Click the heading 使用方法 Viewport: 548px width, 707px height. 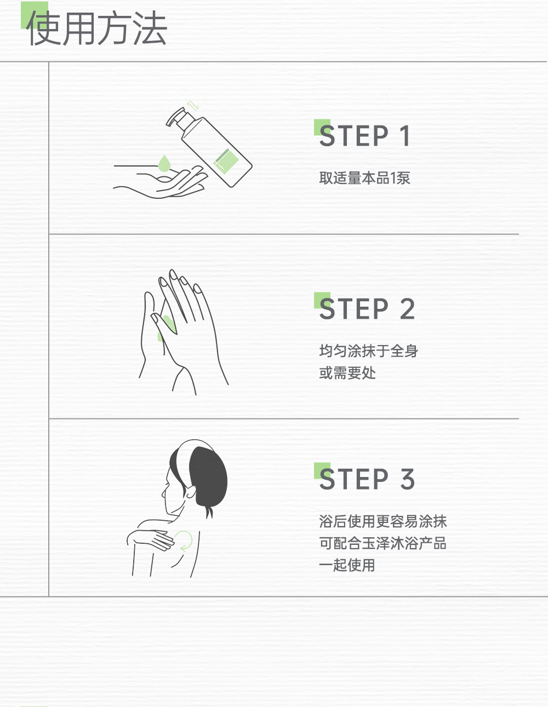[x=96, y=28]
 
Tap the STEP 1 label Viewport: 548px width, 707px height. [x=364, y=136]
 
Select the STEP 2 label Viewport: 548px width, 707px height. [x=367, y=308]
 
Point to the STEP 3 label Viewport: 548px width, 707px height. [x=367, y=479]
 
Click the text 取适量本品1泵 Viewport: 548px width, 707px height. [x=364, y=178]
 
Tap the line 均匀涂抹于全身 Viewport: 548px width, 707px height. [x=368, y=350]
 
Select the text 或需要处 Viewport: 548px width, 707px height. [x=347, y=373]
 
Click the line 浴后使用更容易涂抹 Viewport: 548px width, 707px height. [x=383, y=521]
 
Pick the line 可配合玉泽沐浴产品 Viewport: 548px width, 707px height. [x=383, y=543]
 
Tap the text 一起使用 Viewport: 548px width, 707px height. [x=347, y=565]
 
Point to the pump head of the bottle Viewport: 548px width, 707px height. [x=176, y=117]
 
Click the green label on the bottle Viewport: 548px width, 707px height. [x=226, y=159]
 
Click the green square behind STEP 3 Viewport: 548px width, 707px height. [x=322, y=470]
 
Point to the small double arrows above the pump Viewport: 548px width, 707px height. [x=193, y=105]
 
